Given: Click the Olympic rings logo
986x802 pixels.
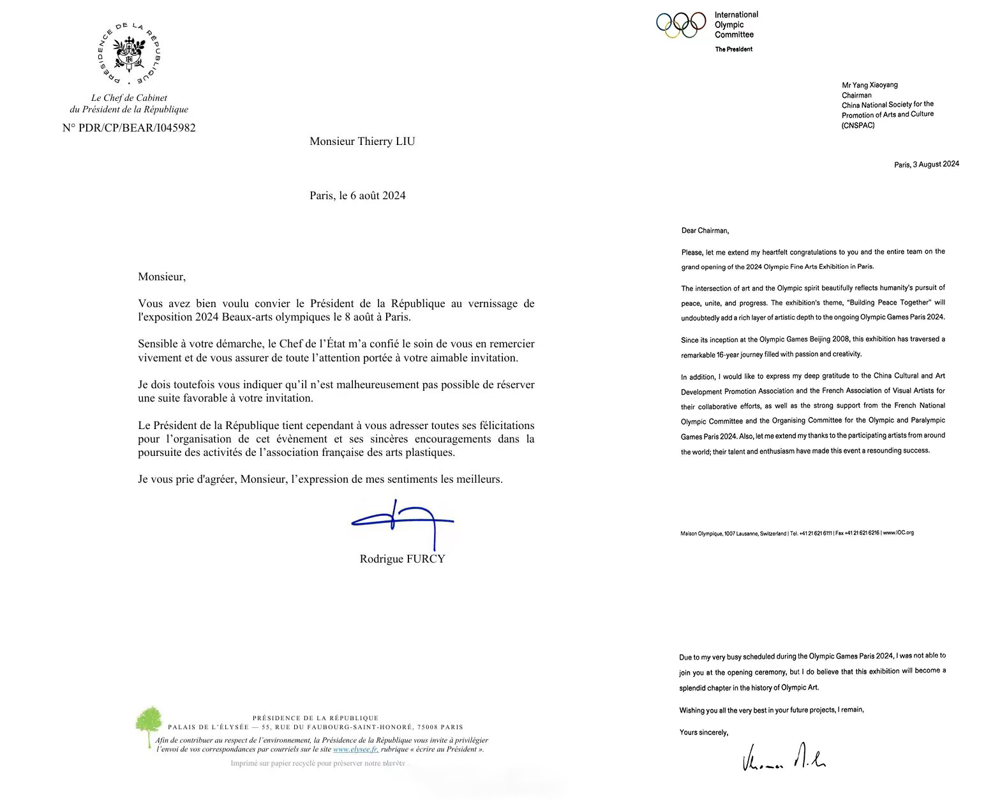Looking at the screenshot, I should [681, 25].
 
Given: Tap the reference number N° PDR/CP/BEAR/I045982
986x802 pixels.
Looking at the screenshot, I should [129, 128].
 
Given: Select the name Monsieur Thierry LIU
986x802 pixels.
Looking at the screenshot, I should [362, 141].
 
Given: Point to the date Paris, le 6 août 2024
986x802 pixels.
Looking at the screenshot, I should [357, 195].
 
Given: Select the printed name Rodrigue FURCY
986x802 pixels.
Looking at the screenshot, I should [402, 559].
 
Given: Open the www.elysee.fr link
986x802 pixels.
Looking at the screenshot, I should [355, 749].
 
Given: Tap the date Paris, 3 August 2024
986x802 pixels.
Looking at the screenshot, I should [926, 164].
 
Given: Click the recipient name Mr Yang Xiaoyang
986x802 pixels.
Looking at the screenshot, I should [869, 85].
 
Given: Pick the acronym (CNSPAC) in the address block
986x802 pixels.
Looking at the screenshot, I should [858, 125].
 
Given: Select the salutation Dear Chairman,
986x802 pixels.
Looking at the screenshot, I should [705, 231].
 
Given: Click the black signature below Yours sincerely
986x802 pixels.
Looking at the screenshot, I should [784, 758].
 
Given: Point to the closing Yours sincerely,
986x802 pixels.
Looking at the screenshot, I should [703, 732].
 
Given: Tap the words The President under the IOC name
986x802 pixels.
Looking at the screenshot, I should [733, 49].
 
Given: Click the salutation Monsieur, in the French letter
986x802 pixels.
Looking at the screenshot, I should [161, 276].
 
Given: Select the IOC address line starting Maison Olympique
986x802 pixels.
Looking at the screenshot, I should [796, 533].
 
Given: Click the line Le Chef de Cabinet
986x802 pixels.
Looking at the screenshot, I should [129, 98].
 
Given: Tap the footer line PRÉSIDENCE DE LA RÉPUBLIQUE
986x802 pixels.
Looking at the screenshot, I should [315, 718].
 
